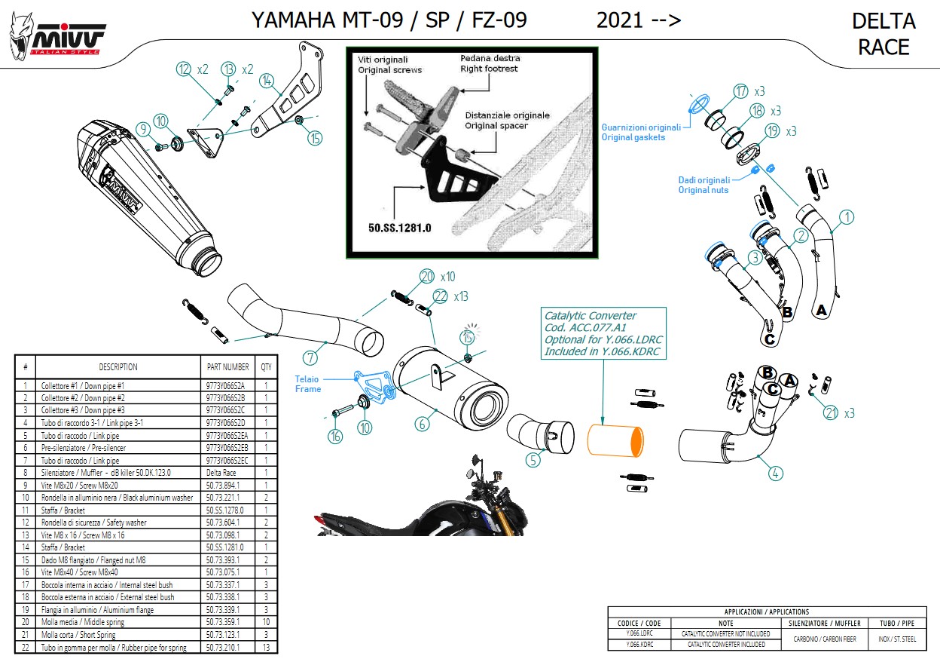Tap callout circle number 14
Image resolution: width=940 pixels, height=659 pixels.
(x=265, y=80)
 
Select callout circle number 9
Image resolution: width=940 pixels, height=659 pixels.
(x=143, y=129)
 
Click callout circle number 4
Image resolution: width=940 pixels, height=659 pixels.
(x=776, y=474)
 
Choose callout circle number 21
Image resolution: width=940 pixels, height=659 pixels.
(x=831, y=412)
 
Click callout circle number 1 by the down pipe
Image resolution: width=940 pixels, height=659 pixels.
(x=847, y=218)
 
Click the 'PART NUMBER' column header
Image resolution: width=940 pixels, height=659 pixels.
(x=227, y=367)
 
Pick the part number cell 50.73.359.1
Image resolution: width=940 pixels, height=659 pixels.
(x=223, y=622)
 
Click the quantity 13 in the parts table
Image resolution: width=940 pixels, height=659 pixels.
(x=266, y=647)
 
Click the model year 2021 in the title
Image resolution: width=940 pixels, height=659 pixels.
(x=619, y=20)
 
